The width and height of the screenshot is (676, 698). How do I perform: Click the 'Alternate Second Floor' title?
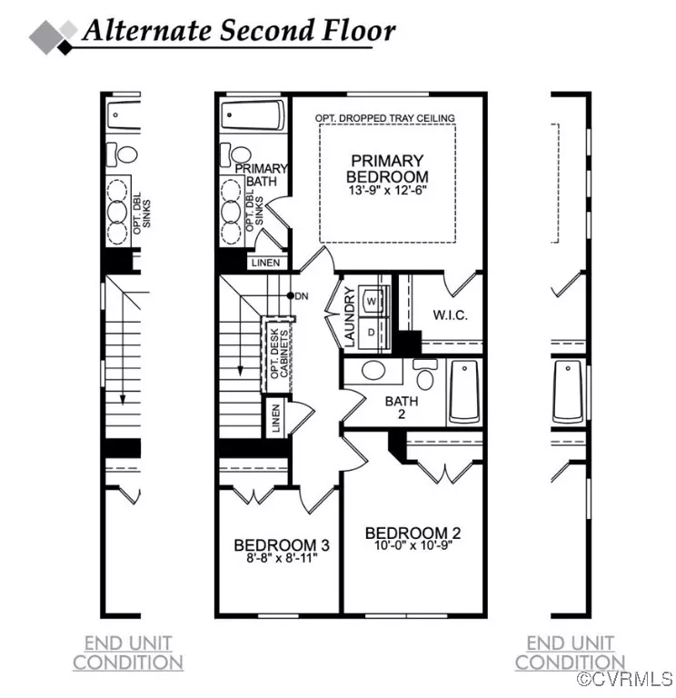(238, 31)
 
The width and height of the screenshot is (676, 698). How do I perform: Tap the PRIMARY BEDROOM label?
(388, 168)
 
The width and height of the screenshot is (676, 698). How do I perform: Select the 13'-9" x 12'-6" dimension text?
(388, 193)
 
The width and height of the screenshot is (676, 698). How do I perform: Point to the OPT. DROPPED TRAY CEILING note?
(385, 118)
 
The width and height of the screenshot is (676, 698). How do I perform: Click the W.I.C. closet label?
(450, 315)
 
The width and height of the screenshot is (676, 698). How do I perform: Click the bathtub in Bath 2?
(463, 392)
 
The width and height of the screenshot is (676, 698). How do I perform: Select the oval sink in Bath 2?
(373, 371)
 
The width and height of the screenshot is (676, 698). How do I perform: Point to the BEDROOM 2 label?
(406, 533)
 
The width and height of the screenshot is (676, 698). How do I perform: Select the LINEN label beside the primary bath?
(265, 264)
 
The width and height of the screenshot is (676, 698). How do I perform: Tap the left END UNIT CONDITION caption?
(128, 653)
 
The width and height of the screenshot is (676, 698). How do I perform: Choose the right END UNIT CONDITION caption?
(570, 653)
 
